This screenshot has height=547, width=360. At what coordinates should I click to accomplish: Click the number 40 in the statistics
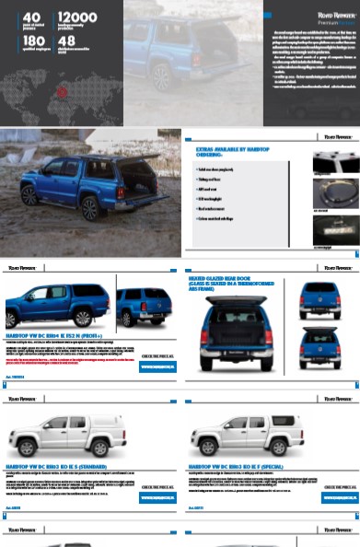pyautogui.click(x=30, y=17)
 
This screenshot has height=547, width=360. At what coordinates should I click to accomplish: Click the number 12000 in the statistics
pyautogui.click(x=77, y=17)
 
